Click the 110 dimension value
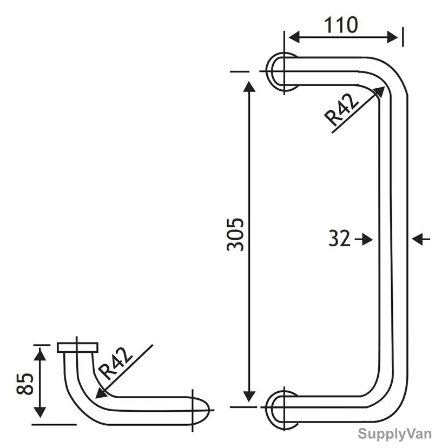tap(341, 25)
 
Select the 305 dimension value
tap(235, 235)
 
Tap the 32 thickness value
tap(339, 239)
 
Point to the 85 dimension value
tap(25, 384)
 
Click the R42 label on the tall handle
tap(341, 110)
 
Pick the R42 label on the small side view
tap(115, 364)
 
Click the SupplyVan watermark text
tap(394, 434)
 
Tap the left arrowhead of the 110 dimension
tap(294, 37)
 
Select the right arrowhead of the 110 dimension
tap(392, 37)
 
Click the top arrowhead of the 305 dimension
tap(249, 87)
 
